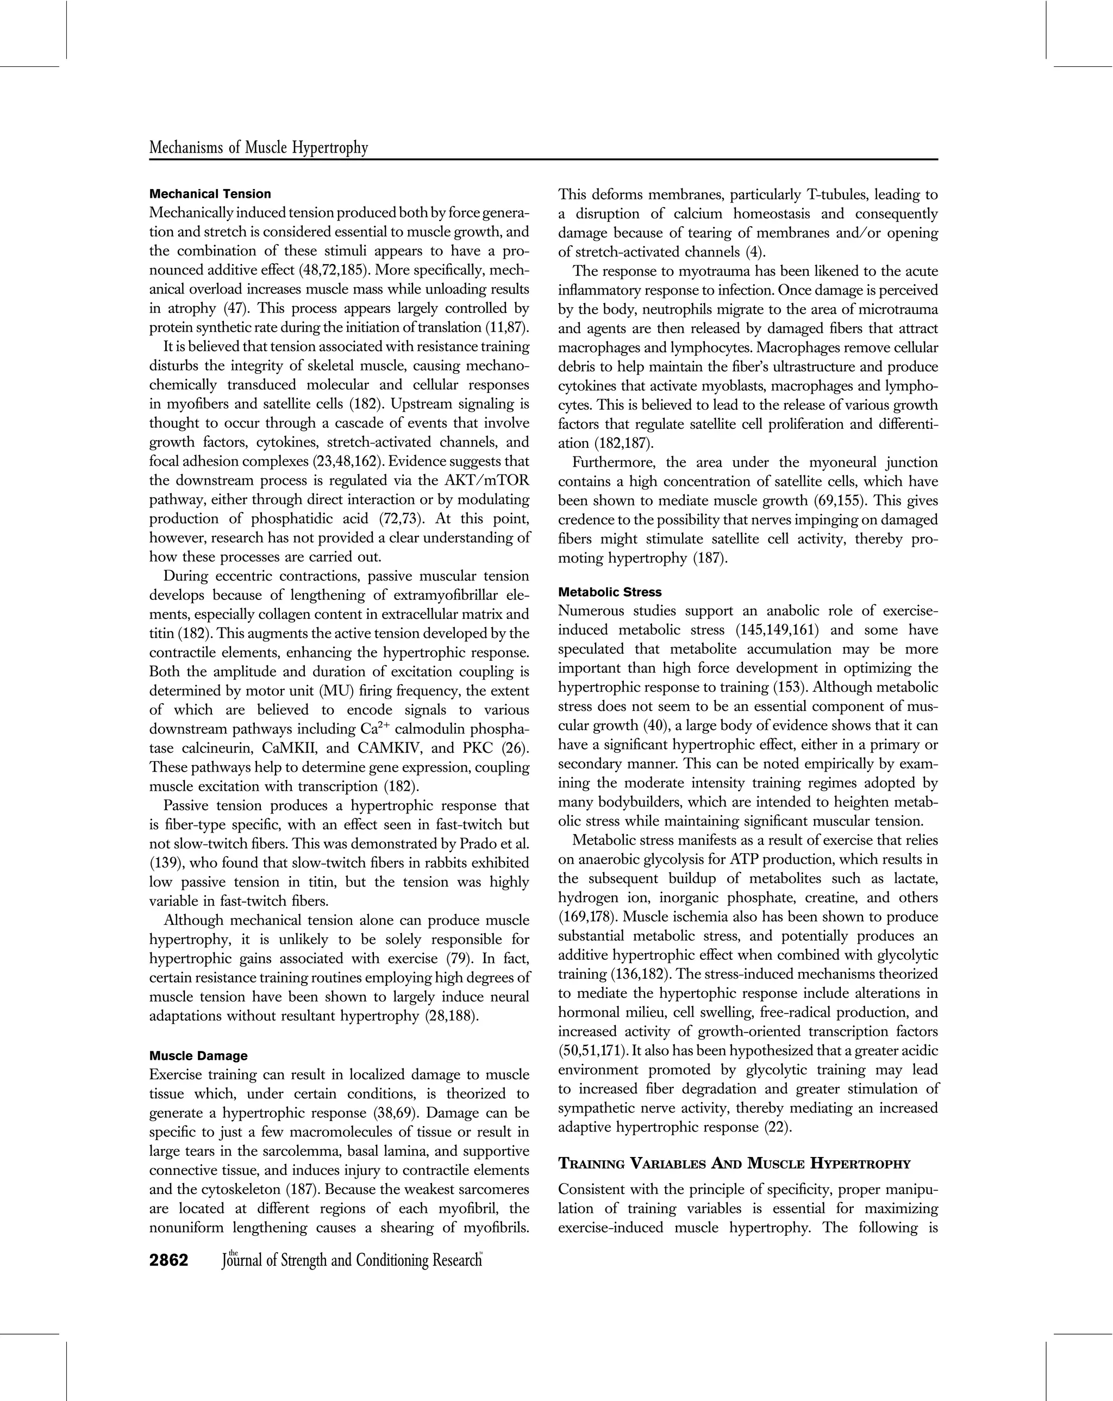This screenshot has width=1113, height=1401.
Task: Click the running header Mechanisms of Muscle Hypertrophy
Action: click(259, 148)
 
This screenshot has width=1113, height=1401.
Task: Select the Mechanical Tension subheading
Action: click(210, 193)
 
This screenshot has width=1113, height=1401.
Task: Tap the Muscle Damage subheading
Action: click(198, 1055)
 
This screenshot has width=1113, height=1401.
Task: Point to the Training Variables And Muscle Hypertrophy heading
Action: click(734, 1164)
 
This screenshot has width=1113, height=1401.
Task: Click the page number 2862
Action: click(169, 1261)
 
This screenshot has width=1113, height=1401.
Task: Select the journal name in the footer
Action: click(351, 1261)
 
